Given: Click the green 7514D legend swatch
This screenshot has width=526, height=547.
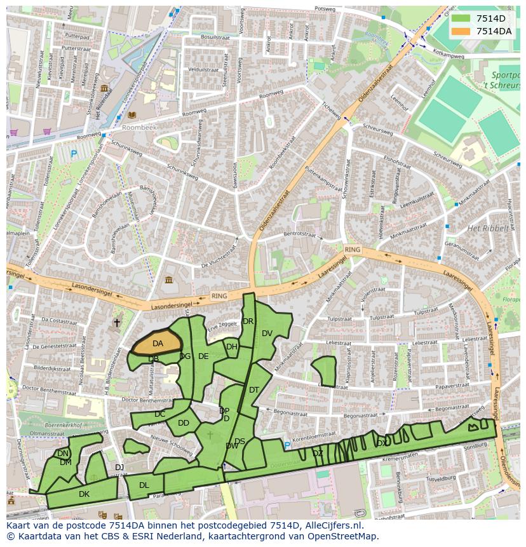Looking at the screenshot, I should coord(461,18).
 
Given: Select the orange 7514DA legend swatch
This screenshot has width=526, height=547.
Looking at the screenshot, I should coord(461,30).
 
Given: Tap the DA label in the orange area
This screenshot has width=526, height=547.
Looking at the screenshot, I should coord(158,344).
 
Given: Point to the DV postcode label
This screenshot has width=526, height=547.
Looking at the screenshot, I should coord(267,334).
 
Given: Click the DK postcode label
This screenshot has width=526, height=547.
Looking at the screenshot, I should coord(84,494).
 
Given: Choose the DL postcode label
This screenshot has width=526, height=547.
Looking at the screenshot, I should coord(144,485).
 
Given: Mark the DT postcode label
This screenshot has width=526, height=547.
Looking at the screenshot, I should coord(254,390).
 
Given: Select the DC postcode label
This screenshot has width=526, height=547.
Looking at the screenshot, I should coord(159,414).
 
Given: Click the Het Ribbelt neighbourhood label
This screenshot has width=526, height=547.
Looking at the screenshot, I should coord(488,229).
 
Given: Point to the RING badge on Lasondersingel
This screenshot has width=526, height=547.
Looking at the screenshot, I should coord(219,296).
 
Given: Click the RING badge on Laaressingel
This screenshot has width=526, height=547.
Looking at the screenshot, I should coord(352,250).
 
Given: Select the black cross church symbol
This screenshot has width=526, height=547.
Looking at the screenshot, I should coord(116,323).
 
